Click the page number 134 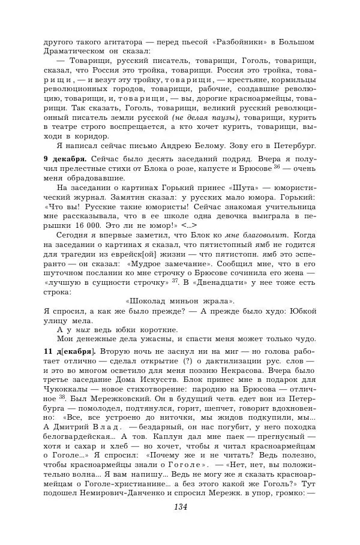coord(180,507)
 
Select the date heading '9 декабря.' coord(65,159)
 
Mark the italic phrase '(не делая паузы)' coord(205,118)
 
